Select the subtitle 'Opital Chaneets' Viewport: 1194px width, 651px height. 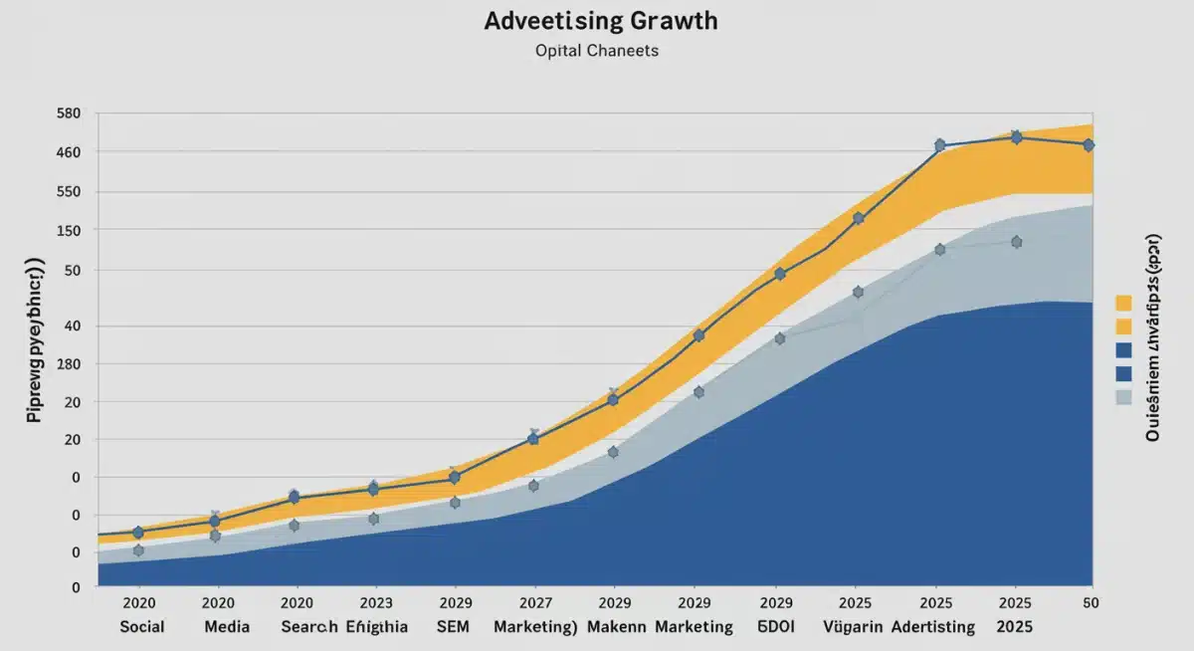tap(597, 51)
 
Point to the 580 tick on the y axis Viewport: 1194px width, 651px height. tap(68, 113)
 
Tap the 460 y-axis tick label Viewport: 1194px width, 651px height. tap(68, 152)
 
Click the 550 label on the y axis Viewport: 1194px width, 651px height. tap(68, 192)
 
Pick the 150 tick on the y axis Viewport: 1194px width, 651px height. tap(68, 231)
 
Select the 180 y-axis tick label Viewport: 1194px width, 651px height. tap(68, 365)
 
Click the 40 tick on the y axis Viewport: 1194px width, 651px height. tap(72, 326)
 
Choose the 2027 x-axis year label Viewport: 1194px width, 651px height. tap(534, 603)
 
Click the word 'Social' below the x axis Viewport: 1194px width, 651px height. tap(141, 627)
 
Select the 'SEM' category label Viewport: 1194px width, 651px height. tap(454, 627)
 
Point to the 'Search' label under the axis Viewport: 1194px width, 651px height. tap(308, 627)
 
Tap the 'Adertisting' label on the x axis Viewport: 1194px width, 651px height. tap(932, 627)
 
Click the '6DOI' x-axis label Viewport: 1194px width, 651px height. tap(775, 627)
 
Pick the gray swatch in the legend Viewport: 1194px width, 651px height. tap(1124, 397)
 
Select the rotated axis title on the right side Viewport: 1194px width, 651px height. tap(1153, 337)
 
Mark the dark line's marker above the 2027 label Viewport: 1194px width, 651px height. tap(533, 439)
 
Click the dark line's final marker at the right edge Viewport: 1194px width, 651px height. tap(1089, 145)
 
